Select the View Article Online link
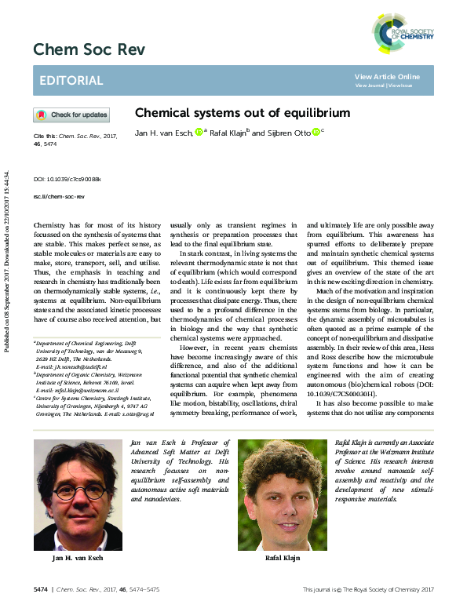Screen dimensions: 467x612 point(387,76)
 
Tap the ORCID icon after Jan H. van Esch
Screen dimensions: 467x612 point(199,131)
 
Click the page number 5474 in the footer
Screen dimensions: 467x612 point(42,588)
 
